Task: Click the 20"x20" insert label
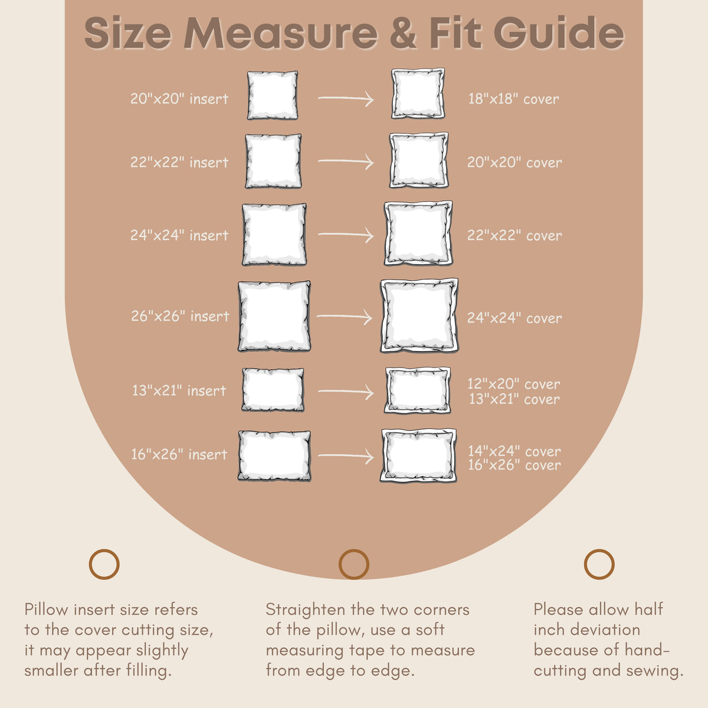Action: [x=179, y=99]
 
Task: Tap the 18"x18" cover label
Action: [x=514, y=99]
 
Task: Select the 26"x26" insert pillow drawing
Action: [x=274, y=316]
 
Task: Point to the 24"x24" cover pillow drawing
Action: [x=419, y=316]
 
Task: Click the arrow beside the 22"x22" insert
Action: [x=346, y=162]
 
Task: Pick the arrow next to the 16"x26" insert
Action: [x=346, y=456]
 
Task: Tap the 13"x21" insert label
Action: [x=179, y=391]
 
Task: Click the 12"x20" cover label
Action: [x=514, y=384]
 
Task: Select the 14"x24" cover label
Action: [x=514, y=451]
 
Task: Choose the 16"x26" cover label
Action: [x=514, y=465]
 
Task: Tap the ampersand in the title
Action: [x=403, y=32]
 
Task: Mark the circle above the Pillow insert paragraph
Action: [x=104, y=565]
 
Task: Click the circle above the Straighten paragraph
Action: [x=354, y=565]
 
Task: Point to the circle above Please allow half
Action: [x=599, y=565]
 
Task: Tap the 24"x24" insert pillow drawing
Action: [x=274, y=234]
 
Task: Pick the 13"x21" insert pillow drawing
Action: [x=273, y=390]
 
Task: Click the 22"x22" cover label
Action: [x=514, y=235]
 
